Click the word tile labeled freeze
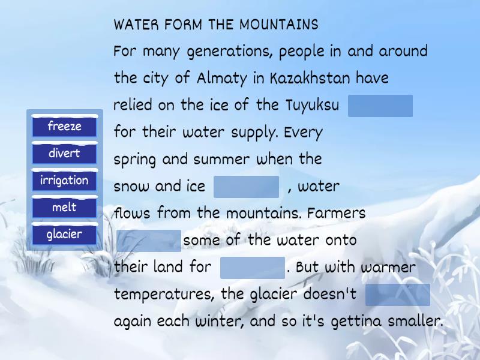pos(64,127)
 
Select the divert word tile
pos(64,154)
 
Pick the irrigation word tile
pos(64,181)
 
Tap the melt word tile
pos(64,208)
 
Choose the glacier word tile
pos(64,235)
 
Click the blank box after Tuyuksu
pos(380,106)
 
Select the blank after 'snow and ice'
pos(246,187)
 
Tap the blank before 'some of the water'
pos(148,241)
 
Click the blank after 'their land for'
pos(253,268)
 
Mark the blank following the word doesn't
pos(397,295)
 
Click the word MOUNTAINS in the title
pos(279,25)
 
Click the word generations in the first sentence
pos(231,52)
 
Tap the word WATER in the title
pos(136,25)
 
